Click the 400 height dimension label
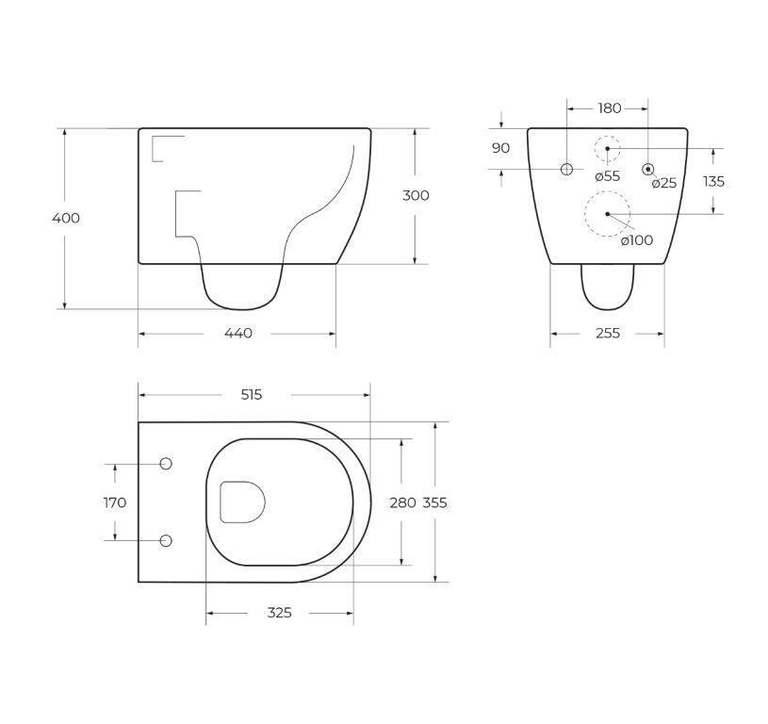[66, 218]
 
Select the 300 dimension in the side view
[416, 195]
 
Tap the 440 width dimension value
[238, 333]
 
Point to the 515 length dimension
[251, 395]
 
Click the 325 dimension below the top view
[279, 613]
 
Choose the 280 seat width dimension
[402, 502]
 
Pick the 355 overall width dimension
[434, 502]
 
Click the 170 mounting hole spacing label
[115, 502]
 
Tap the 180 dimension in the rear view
[610, 108]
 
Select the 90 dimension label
[501, 148]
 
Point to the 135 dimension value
[713, 181]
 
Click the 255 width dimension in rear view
[608, 333]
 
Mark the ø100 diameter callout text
[637, 240]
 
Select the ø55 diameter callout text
[607, 175]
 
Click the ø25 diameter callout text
[664, 183]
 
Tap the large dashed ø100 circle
[607, 214]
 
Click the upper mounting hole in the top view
[166, 464]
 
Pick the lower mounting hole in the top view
[166, 541]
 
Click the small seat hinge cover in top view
[242, 502]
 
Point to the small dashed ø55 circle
[607, 149]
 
